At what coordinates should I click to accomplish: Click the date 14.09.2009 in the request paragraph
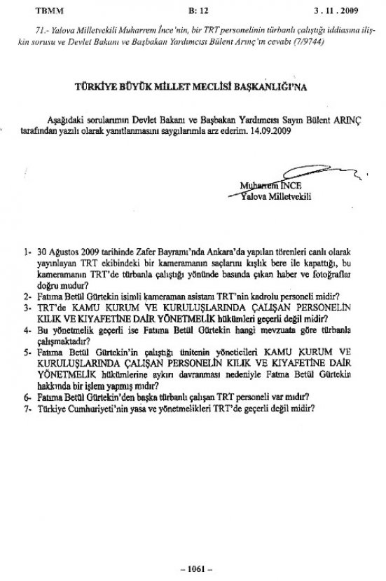pos(249,132)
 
